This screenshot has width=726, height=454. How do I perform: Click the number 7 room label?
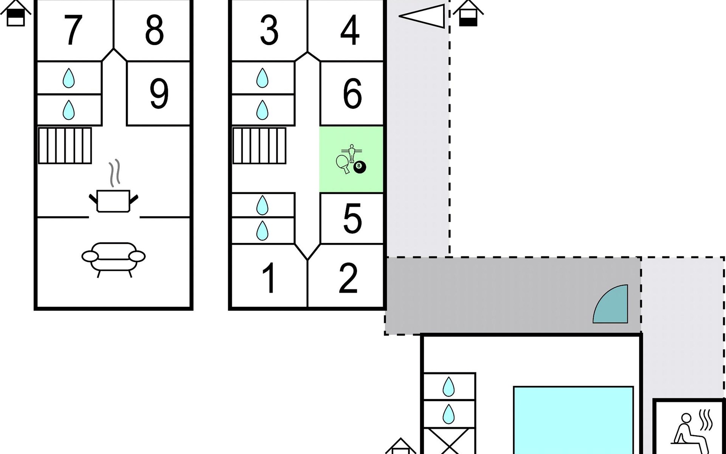pos(73,30)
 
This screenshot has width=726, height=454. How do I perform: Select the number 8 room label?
pos(154,30)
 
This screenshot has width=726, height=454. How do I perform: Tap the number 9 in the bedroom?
pos(159,93)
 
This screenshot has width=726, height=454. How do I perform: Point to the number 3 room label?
pos(269,30)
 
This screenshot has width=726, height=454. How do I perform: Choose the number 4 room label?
pos(350,30)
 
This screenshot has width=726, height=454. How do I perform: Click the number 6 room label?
pos(352,93)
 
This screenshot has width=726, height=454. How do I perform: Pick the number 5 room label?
pos(352,218)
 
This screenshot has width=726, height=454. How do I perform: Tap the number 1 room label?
pos(269,278)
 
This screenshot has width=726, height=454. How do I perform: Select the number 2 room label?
pos(348,278)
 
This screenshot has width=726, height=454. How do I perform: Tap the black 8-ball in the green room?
pos(360,167)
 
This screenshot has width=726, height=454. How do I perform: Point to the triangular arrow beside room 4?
pos(423,16)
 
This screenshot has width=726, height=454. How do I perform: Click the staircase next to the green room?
pos(259,146)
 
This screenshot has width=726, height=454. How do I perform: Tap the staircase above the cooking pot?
pos(65,146)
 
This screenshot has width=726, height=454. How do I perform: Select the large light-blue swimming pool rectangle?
pos(573,420)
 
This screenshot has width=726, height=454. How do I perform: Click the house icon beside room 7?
pos(16,13)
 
